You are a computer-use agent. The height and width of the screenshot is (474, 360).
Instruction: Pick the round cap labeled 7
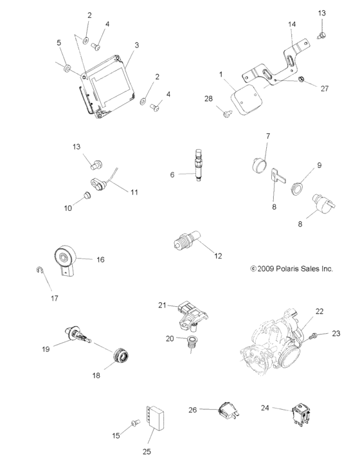258,161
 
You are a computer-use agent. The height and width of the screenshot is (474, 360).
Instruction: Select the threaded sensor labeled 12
186,242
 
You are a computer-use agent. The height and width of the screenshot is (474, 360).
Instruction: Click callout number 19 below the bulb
46,349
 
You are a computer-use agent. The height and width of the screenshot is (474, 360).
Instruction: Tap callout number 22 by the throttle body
319,311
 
